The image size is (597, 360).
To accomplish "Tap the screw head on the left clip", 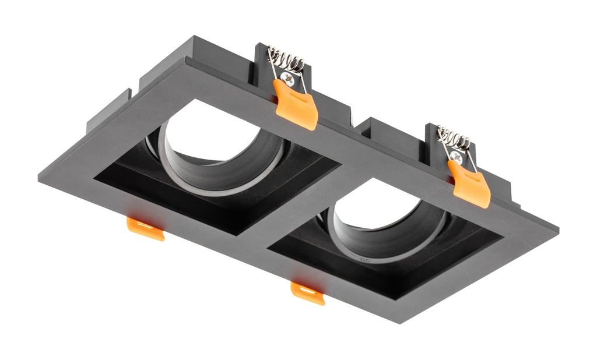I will [x=286, y=76].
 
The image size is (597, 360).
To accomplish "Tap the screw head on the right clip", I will [x=456, y=156].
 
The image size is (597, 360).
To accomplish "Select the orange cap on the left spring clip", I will [x=297, y=104].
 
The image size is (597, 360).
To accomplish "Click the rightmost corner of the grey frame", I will [x=557, y=229].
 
